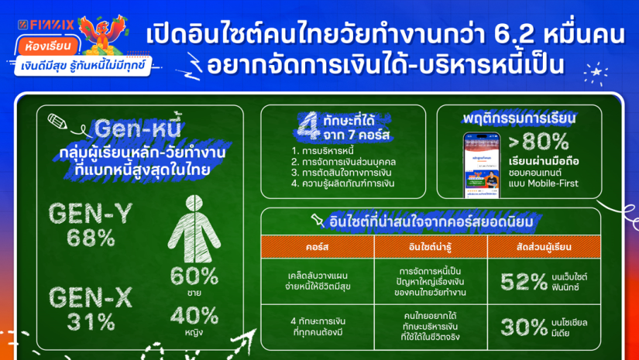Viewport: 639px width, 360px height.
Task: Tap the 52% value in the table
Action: coord(524,281)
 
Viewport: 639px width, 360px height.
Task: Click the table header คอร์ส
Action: coord(318,246)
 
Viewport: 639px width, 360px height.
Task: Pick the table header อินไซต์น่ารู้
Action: coord(431,246)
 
